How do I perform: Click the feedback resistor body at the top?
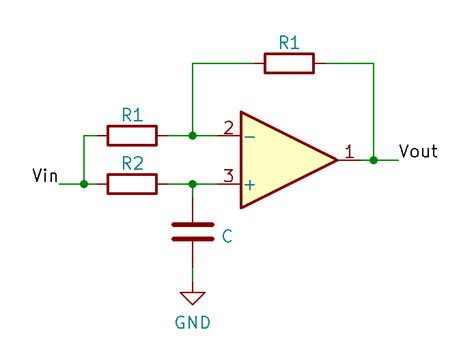click(289, 64)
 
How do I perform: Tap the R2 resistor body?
click(132, 184)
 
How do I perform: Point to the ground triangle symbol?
click(192, 297)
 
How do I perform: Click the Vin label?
click(45, 177)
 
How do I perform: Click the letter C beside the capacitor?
click(227, 237)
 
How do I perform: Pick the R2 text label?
click(132, 162)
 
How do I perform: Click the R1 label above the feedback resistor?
click(289, 42)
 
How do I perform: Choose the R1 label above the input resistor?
click(132, 113)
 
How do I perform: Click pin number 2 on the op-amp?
click(228, 127)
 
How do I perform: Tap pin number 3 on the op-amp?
click(228, 177)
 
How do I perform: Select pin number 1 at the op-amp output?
click(349, 152)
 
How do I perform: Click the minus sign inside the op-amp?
click(249, 135)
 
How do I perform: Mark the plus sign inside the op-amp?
click(249, 184)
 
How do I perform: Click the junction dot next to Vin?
click(83, 184)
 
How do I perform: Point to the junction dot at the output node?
click(373, 159)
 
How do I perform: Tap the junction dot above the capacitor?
click(192, 184)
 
